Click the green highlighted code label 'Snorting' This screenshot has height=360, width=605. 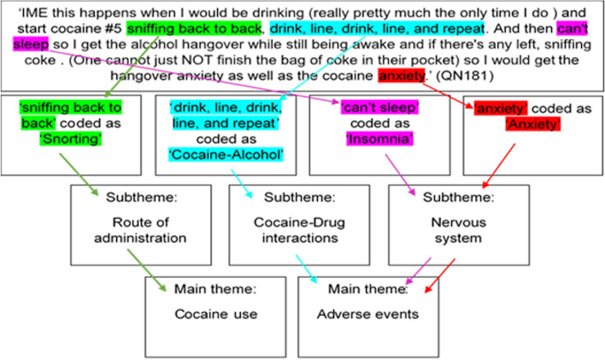(x=71, y=139)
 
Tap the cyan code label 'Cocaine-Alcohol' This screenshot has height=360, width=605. (x=226, y=155)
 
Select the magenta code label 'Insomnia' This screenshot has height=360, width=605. (x=379, y=139)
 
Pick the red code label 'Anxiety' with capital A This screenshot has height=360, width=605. (x=533, y=124)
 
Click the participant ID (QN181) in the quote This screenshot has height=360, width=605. (x=465, y=76)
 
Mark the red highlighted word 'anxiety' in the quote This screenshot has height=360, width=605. (x=402, y=76)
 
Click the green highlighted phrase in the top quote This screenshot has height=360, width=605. (x=194, y=28)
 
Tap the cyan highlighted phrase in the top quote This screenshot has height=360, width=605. (x=377, y=28)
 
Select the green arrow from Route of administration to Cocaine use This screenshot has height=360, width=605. (x=147, y=270)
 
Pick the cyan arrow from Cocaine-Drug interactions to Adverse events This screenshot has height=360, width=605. (x=307, y=269)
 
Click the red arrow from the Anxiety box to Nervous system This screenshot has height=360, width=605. (x=498, y=166)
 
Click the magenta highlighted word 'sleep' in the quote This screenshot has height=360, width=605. (x=31, y=44)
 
